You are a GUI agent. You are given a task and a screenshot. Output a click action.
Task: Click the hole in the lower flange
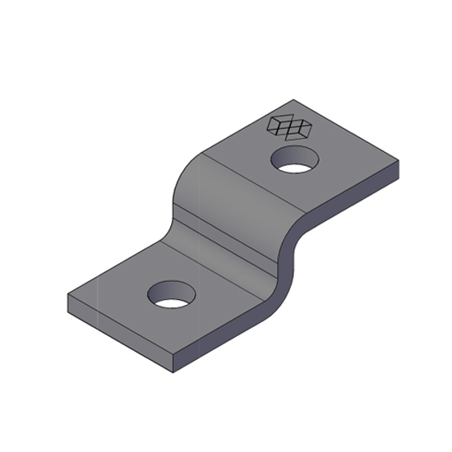tap(171, 295)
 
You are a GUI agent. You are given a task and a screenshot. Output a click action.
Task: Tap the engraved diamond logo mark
tap(289, 126)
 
